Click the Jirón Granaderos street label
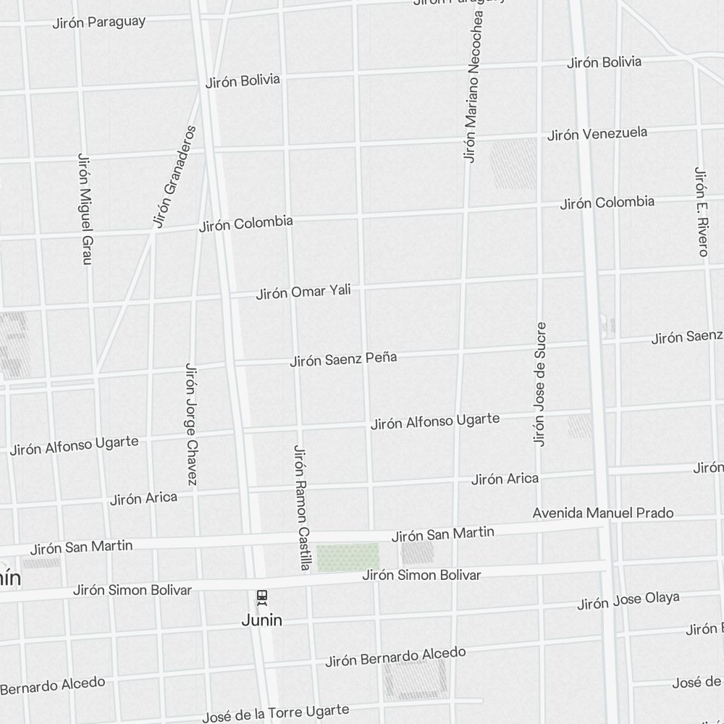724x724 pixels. pyautogui.click(x=174, y=177)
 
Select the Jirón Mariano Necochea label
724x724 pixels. pyautogui.click(x=472, y=85)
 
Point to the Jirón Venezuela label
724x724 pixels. pyautogui.click(x=597, y=134)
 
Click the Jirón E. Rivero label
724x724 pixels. pyautogui.click(x=700, y=211)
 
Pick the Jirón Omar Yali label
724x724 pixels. pyautogui.click(x=303, y=292)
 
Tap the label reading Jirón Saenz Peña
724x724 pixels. pyautogui.click(x=343, y=359)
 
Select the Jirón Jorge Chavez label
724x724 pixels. pyautogui.click(x=192, y=424)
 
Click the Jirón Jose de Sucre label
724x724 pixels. pyautogui.click(x=539, y=384)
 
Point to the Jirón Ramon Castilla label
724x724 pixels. pyautogui.click(x=300, y=507)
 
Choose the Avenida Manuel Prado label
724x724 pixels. pyautogui.click(x=603, y=513)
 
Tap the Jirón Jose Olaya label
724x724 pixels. pyautogui.click(x=628, y=601)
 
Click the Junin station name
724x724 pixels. pyautogui.click(x=262, y=620)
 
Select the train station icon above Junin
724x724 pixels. pyautogui.click(x=262, y=597)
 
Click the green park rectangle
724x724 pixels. pyautogui.click(x=348, y=557)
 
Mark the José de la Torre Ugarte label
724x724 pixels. pyautogui.click(x=275, y=714)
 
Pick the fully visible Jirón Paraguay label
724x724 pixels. pyautogui.click(x=98, y=22)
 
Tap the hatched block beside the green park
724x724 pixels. pyautogui.click(x=417, y=553)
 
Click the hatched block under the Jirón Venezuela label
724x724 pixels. pyautogui.click(x=513, y=164)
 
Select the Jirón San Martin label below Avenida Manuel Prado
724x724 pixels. pyautogui.click(x=443, y=535)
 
